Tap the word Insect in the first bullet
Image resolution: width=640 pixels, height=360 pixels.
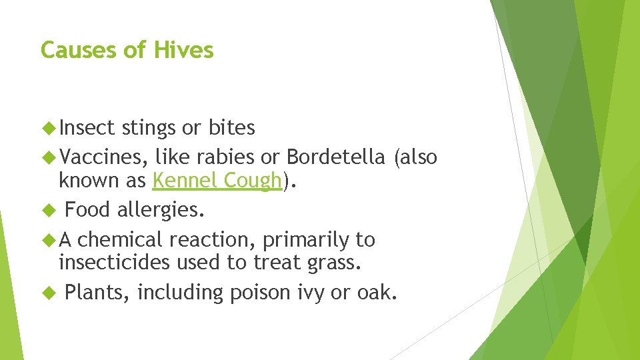(87, 127)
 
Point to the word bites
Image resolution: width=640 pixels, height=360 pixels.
(231, 127)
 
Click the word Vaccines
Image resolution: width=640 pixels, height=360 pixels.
(103, 157)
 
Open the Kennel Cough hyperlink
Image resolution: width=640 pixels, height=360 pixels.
(217, 181)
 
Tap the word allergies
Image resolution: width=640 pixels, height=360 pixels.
(161, 211)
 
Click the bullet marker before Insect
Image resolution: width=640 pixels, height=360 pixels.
(47, 127)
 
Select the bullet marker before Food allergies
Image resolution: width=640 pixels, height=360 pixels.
(47, 211)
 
